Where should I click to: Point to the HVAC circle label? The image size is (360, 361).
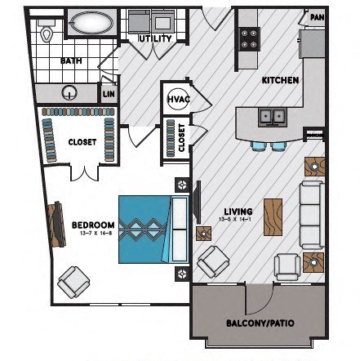tap(178, 99)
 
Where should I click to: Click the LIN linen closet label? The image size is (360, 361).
tap(109, 94)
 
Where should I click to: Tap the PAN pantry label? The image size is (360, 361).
tap(316, 16)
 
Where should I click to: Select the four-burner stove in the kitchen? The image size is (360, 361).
tap(248, 38)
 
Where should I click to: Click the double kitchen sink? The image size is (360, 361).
tap(272, 117)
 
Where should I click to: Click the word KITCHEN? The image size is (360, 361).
tap(279, 81)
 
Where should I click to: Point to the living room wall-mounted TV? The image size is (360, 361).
tap(197, 201)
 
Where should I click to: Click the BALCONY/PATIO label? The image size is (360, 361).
tap(259, 322)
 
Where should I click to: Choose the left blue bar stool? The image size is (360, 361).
tap(259, 145)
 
